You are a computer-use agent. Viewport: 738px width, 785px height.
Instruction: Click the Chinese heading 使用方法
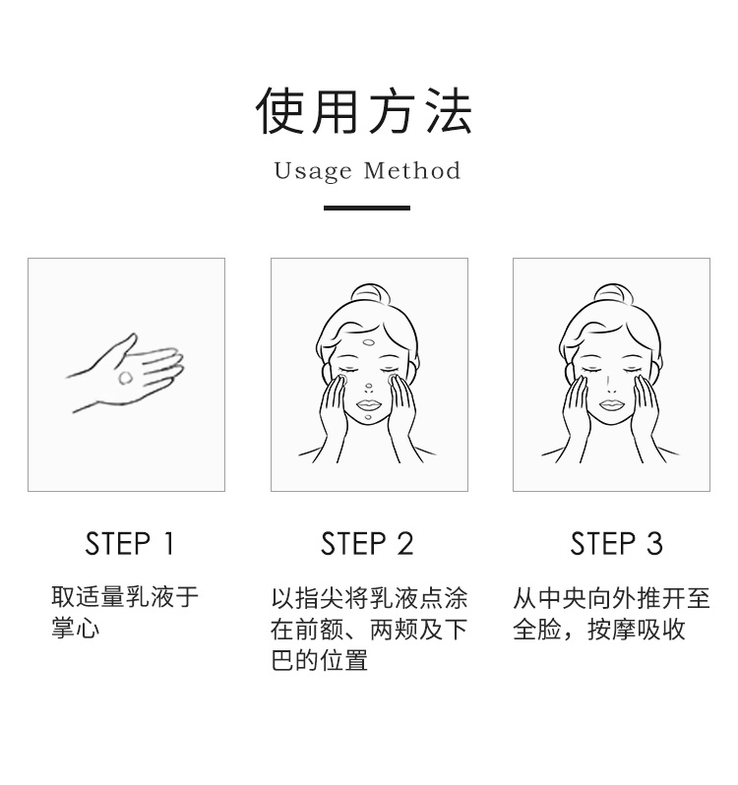pos(364,110)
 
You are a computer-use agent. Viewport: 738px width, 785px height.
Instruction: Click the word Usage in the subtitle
pos(313,171)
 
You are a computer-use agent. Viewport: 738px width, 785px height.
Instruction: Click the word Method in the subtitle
pos(411,170)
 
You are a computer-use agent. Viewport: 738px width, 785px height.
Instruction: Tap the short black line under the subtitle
pos(367,208)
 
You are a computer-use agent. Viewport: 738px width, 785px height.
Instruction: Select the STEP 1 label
pos(130,544)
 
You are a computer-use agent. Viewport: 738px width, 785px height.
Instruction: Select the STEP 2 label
pos(367,544)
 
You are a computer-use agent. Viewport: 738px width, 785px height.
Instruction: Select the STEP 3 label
pos(616,544)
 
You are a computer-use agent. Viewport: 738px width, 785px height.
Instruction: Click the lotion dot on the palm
pos(125,378)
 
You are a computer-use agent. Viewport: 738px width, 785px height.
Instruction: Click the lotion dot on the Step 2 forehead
pos(368,343)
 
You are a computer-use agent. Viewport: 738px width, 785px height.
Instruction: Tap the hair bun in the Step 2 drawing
pos(370,293)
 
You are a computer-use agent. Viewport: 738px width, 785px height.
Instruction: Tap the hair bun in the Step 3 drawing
pos(613,293)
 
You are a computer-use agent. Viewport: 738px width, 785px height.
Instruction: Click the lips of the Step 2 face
pos(368,404)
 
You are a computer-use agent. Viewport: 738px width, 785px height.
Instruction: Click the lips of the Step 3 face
pos(611,404)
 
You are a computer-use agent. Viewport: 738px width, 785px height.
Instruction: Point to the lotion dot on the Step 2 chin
pos(368,417)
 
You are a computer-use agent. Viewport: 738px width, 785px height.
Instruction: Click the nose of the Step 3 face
pos(611,387)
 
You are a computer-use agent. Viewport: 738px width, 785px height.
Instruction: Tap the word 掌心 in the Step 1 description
pos(75,628)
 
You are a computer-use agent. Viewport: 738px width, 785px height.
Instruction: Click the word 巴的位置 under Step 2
pos(320,660)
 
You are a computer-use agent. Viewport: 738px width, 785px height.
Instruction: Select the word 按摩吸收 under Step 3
pos(636,629)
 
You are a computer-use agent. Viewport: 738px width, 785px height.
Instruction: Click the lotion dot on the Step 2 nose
pos(369,387)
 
